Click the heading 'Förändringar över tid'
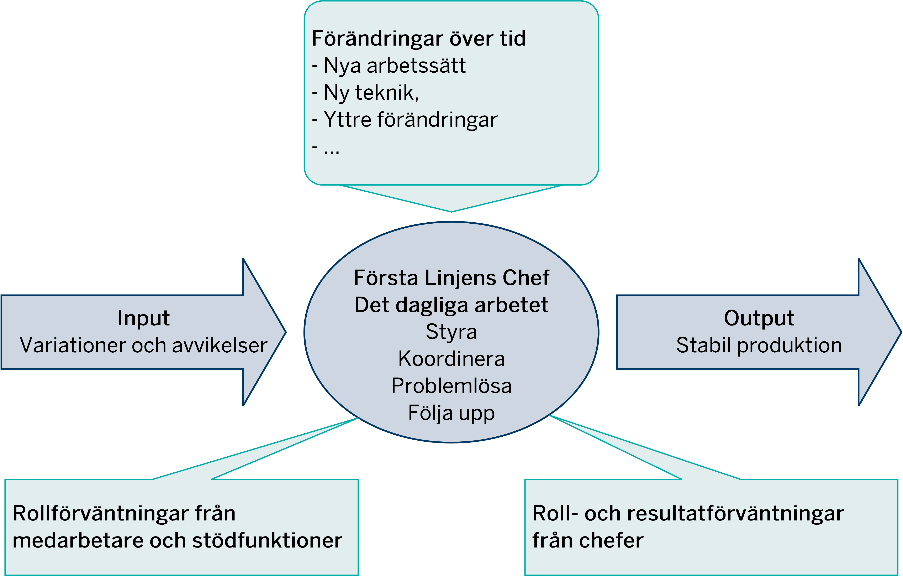tap(418, 39)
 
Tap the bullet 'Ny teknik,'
tap(371, 93)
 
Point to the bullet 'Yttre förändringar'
tap(410, 120)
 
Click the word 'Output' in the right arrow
tap(759, 318)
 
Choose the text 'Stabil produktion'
tap(759, 345)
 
